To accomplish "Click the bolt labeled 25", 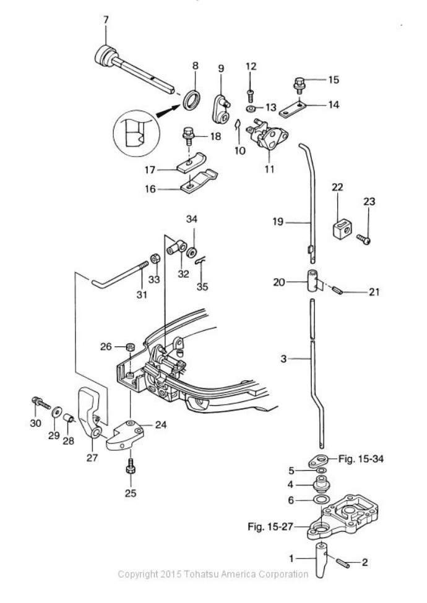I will [131, 473].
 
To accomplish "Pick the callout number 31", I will [142, 295].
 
